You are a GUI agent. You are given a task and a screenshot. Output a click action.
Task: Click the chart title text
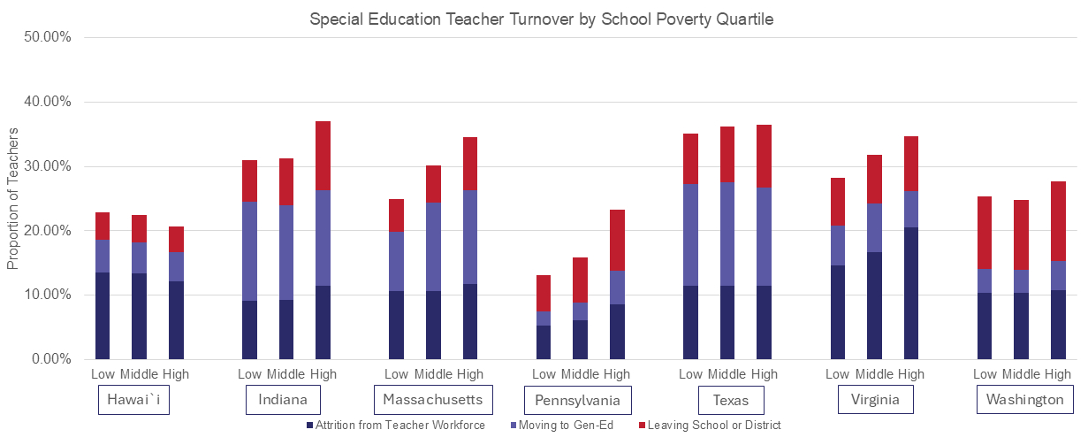(x=541, y=19)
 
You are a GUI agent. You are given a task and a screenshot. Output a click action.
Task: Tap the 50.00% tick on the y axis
(x=50, y=38)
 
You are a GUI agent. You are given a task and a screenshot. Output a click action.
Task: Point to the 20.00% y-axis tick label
(x=50, y=231)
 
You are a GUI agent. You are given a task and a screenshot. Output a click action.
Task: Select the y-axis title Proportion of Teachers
(x=12, y=198)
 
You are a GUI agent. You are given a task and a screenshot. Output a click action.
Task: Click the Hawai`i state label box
(x=133, y=401)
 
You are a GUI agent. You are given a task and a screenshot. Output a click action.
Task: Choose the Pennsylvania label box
(x=578, y=401)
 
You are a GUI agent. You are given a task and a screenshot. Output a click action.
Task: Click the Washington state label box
(x=1025, y=401)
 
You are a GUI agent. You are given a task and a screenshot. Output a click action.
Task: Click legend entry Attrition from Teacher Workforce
(x=400, y=426)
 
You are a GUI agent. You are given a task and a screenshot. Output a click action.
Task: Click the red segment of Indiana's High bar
(x=323, y=156)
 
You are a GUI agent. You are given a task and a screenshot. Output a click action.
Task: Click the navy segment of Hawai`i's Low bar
(x=103, y=316)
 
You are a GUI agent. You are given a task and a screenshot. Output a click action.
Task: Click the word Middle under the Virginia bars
(x=875, y=374)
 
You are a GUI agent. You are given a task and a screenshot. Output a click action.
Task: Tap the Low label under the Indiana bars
(x=249, y=374)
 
